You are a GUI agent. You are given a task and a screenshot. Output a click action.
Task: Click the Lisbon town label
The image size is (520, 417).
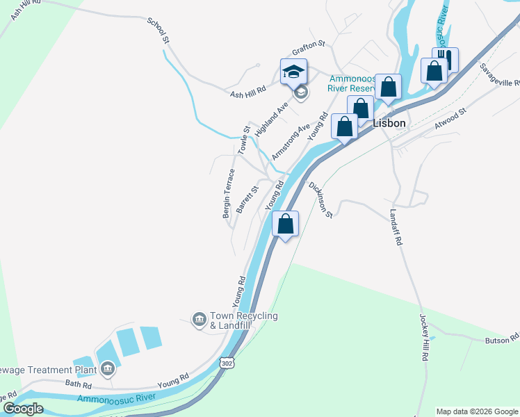389,122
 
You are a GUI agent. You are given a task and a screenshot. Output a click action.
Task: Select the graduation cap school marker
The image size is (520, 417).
293,72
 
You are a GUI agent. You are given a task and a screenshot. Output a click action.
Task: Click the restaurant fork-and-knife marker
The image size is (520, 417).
446,60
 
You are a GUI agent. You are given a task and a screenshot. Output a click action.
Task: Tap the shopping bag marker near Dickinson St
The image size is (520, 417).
285,225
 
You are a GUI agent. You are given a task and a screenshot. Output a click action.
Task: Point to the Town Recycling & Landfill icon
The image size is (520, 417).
200,320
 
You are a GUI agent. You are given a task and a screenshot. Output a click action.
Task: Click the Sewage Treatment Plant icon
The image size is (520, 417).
107,369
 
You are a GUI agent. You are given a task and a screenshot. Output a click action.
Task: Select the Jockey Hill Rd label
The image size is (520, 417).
423,337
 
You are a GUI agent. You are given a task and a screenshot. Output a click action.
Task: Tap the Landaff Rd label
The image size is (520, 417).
396,228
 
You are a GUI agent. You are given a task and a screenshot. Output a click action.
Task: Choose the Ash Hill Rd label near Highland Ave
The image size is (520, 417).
248,90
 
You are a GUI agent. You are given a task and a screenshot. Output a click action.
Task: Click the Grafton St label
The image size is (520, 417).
309,44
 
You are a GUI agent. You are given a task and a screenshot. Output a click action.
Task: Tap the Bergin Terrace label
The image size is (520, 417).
228,193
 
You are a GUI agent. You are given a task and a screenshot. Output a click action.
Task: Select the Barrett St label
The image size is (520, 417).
247,199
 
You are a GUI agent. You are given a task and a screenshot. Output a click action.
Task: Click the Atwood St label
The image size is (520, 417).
450,117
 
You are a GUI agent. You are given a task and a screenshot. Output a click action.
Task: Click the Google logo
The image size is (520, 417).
23,409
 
